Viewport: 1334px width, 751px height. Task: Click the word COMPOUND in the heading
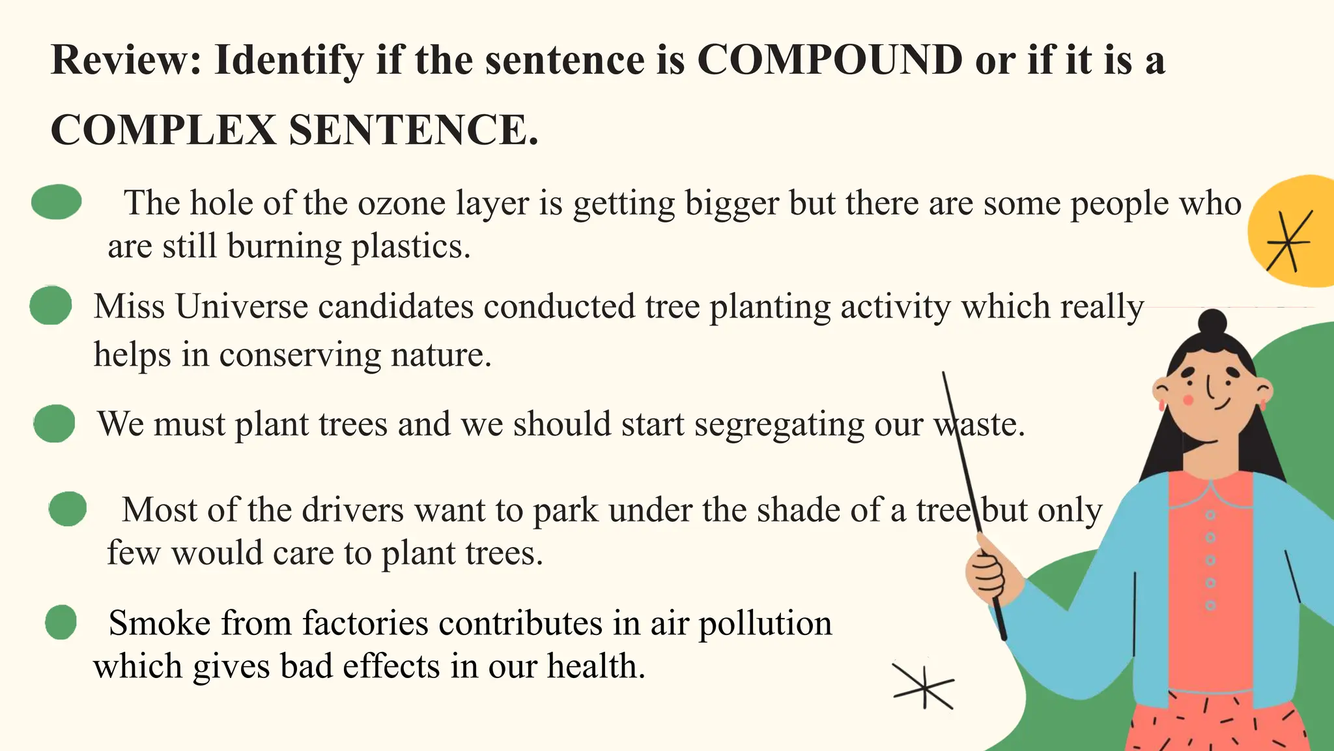829,60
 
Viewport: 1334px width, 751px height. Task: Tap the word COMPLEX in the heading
163,130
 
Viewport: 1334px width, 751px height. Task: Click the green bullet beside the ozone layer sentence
57,201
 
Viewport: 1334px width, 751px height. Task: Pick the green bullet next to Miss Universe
51,305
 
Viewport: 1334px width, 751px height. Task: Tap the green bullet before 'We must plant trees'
55,424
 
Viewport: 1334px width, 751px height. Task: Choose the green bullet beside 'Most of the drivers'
68,509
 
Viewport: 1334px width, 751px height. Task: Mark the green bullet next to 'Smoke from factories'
61,622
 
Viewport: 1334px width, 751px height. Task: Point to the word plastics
410,246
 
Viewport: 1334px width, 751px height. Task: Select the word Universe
242,306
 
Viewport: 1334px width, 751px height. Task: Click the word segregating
779,424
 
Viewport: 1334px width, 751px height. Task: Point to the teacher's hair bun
1212,322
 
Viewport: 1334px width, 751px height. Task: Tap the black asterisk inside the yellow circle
1288,242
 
